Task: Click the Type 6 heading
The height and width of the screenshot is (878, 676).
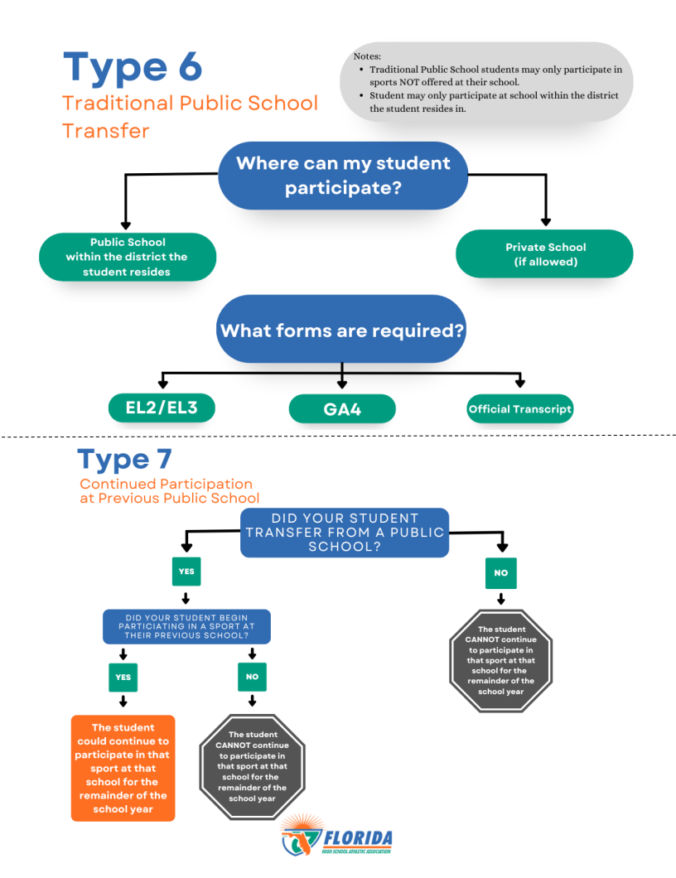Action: [x=133, y=66]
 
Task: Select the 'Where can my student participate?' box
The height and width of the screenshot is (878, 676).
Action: [x=343, y=175]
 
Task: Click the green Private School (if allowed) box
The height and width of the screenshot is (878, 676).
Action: [x=544, y=253]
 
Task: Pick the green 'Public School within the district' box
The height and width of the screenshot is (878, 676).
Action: [x=128, y=257]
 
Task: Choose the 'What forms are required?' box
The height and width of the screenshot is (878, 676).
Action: [x=341, y=330]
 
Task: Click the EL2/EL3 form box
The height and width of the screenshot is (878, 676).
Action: [x=163, y=408]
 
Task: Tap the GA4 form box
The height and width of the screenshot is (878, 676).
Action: [x=342, y=408]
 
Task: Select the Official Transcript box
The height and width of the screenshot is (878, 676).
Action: [x=519, y=408]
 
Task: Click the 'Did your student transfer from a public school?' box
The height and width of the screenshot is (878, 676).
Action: [x=345, y=532]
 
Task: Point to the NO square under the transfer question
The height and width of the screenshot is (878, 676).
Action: [x=500, y=572]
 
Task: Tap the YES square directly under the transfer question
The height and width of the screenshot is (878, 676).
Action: [x=186, y=572]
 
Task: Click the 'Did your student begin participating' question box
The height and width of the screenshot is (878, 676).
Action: [x=186, y=627]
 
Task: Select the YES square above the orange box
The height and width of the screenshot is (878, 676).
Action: [x=123, y=677]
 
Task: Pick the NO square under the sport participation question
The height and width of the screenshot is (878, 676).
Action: [x=252, y=677]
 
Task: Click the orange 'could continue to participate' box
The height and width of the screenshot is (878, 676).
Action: [x=123, y=768]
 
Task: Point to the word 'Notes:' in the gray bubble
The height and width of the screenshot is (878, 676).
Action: [x=367, y=55]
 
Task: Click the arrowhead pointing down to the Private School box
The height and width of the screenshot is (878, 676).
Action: [x=545, y=220]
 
